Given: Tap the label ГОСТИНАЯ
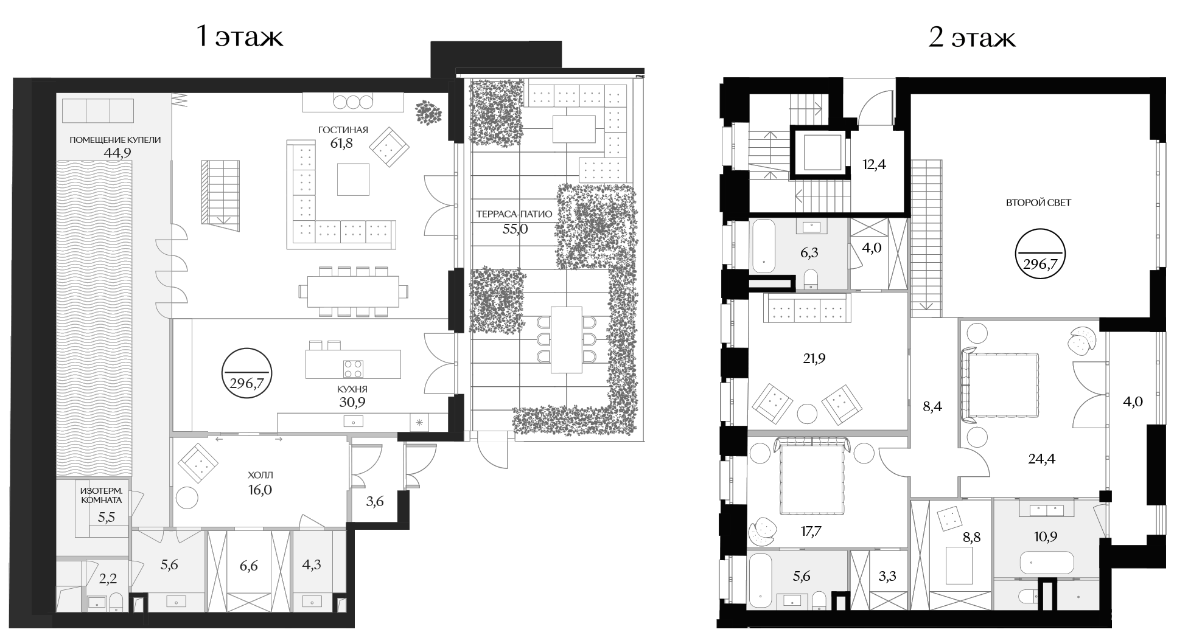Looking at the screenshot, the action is pos(343,130).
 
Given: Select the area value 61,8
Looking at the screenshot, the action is pos(341,144).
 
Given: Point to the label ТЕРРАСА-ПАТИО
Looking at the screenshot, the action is pos(514,214).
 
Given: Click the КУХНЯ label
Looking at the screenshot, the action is pos(352,389).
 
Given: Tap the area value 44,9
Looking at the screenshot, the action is pos(117,153).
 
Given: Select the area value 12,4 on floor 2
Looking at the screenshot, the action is pos(874,164).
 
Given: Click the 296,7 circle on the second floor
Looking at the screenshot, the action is pos(1040,253).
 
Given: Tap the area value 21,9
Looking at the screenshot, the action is pos(814,359).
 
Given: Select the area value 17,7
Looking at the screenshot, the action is pos(811,531).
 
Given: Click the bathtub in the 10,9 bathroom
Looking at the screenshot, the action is pos(1047,563).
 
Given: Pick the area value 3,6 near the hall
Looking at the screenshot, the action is pos(375,502).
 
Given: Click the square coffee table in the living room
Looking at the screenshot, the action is pos(353,179).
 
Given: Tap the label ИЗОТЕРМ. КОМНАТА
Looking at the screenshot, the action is pos(102,495).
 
